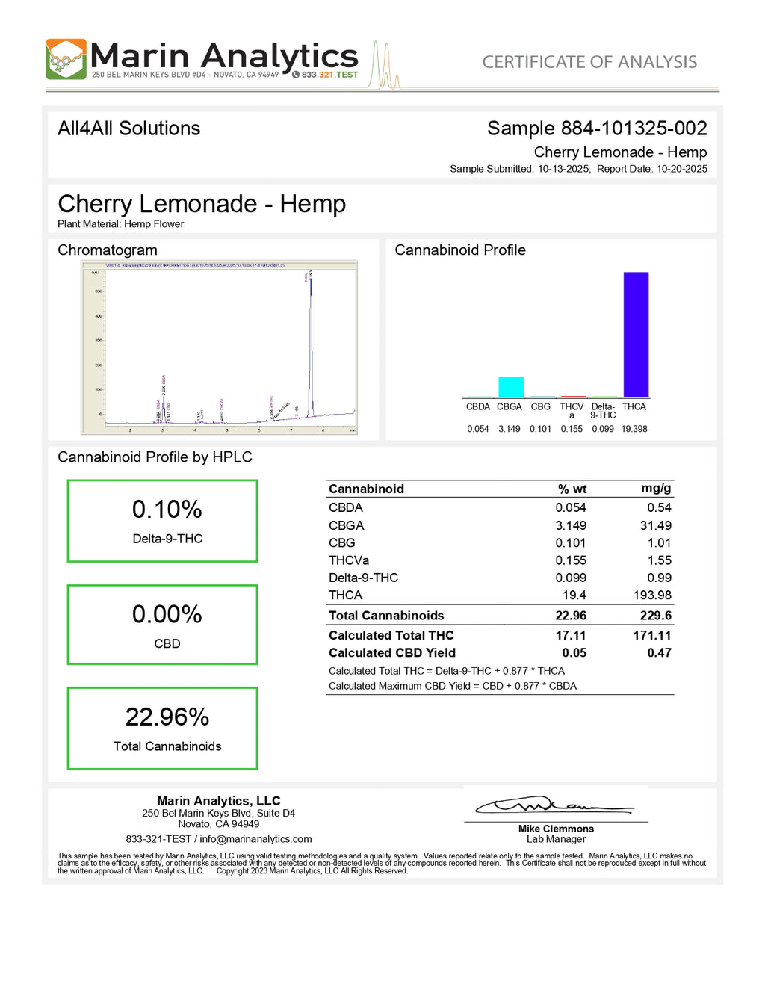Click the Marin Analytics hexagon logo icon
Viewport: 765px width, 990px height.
pyautogui.click(x=66, y=59)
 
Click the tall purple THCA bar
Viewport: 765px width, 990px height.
pyautogui.click(x=636, y=334)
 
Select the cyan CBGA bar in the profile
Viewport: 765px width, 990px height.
pyautogui.click(x=511, y=387)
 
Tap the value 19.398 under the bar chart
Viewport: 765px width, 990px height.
pyautogui.click(x=634, y=429)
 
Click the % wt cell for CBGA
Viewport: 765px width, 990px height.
pyautogui.click(x=571, y=525)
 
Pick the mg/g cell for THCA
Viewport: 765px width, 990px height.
pyautogui.click(x=652, y=595)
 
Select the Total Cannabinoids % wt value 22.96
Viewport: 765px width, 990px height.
pyautogui.click(x=571, y=616)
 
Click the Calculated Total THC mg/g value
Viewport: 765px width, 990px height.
pyautogui.click(x=652, y=635)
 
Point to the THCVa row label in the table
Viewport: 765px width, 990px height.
pyautogui.click(x=349, y=560)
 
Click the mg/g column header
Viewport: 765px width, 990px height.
pyautogui.click(x=656, y=489)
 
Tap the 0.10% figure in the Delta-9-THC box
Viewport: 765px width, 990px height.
pyautogui.click(x=167, y=510)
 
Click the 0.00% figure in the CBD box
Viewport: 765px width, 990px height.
pyautogui.click(x=167, y=615)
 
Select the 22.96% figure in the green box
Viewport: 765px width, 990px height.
pyautogui.click(x=167, y=717)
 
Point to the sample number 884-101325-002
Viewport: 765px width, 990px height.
pyautogui.click(x=634, y=129)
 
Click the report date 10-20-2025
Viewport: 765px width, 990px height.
pyautogui.click(x=682, y=169)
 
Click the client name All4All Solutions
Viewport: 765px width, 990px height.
pyautogui.click(x=129, y=129)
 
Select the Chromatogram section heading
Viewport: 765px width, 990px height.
pyautogui.click(x=108, y=250)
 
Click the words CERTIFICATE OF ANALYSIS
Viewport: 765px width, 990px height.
pyautogui.click(x=589, y=62)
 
